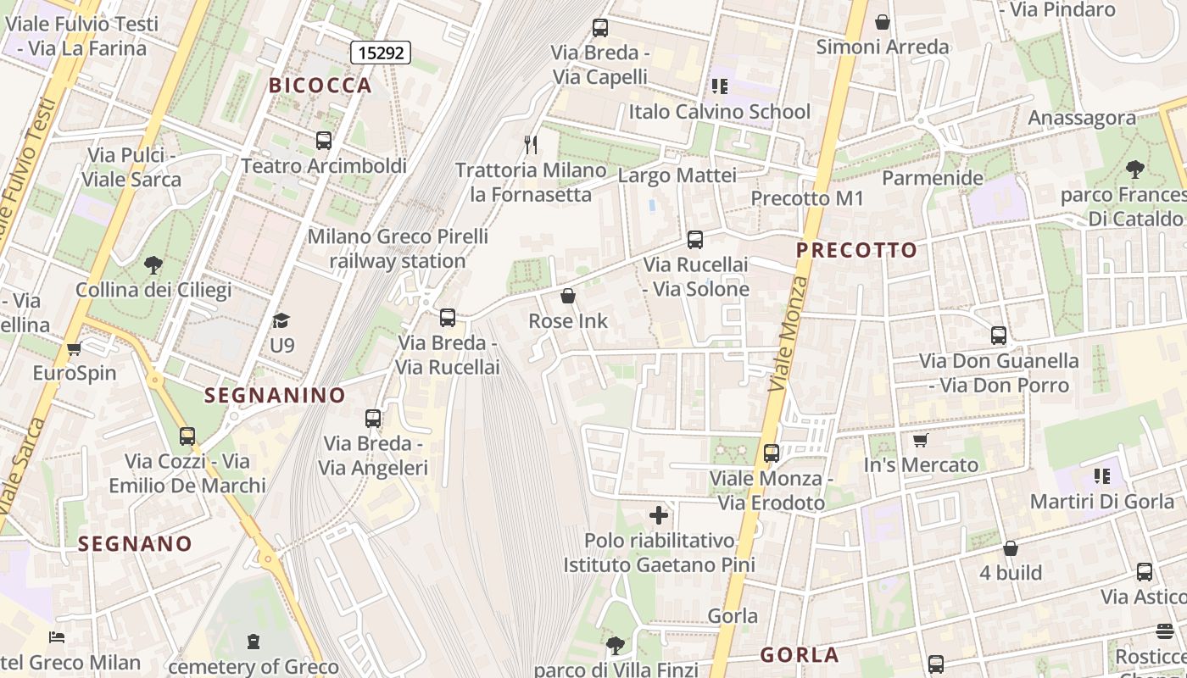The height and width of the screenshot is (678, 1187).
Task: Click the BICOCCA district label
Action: click(320, 85)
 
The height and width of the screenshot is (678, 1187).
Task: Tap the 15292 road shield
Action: click(381, 53)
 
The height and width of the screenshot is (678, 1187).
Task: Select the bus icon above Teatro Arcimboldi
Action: click(323, 141)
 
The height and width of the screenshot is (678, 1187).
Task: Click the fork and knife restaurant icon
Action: click(531, 144)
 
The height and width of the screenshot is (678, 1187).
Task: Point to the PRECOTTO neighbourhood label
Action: click(856, 250)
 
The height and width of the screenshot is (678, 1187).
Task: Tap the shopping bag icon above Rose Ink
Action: click(568, 296)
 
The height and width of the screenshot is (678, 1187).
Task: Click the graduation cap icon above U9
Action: click(281, 320)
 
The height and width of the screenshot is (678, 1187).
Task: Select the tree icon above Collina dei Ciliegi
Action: click(153, 265)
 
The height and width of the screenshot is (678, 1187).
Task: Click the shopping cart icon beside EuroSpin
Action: click(75, 348)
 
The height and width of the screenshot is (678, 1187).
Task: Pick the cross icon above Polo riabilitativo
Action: click(659, 514)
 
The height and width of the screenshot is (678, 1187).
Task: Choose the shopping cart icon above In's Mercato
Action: click(921, 440)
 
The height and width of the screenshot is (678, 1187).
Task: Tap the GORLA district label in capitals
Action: click(799, 654)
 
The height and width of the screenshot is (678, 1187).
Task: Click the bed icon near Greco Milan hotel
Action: click(57, 637)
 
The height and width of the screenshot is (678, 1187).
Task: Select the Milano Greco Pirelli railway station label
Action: click(398, 248)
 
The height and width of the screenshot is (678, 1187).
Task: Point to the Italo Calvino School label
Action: click(719, 112)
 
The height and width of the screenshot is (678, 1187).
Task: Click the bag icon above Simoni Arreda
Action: click(883, 22)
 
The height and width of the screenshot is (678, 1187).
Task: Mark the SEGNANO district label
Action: click(136, 543)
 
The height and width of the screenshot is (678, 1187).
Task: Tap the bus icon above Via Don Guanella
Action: click(999, 336)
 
